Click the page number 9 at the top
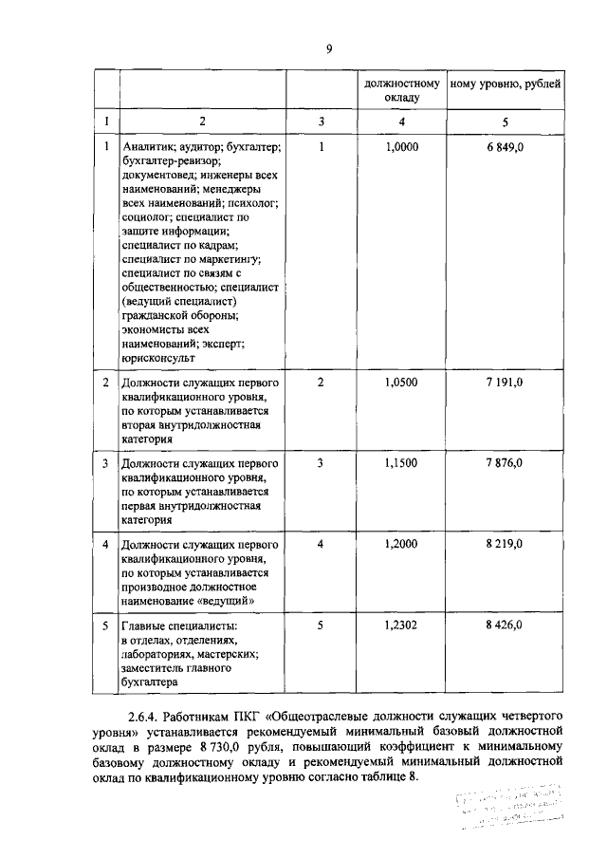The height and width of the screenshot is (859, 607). (x=327, y=48)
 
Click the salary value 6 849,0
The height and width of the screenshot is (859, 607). (x=505, y=148)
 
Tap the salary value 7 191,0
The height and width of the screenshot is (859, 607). (x=505, y=382)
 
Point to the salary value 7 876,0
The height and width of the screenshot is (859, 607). (x=505, y=462)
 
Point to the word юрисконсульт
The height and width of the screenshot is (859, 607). (x=158, y=359)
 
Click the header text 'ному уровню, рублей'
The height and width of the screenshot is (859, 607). (x=505, y=84)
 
